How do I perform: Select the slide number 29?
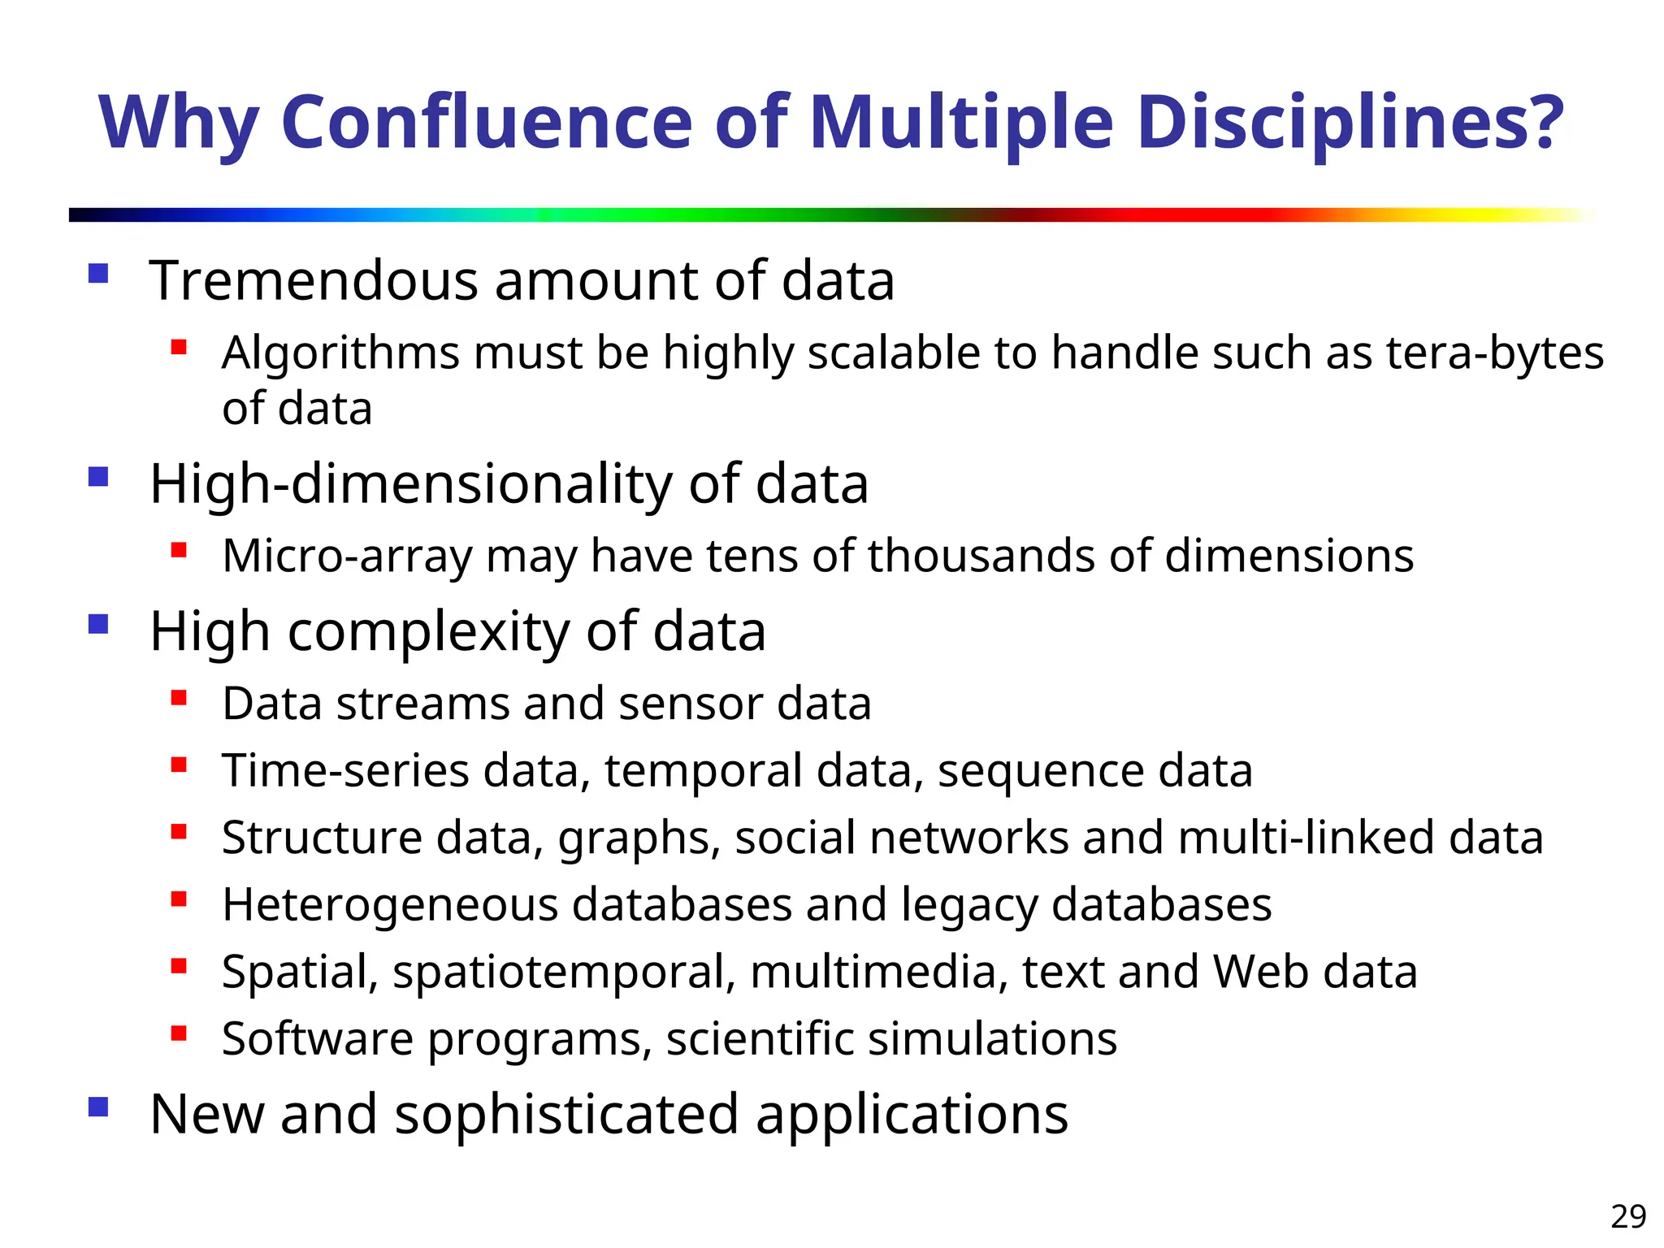click(1628, 1216)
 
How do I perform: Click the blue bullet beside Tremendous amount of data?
click(98, 273)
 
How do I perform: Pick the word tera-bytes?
click(1495, 353)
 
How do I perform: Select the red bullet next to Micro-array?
click(179, 550)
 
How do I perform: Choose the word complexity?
click(429, 632)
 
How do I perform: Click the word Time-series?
click(345, 770)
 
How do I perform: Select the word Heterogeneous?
click(390, 905)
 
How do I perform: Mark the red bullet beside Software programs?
click(179, 1033)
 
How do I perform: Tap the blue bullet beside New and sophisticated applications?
click(98, 1107)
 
